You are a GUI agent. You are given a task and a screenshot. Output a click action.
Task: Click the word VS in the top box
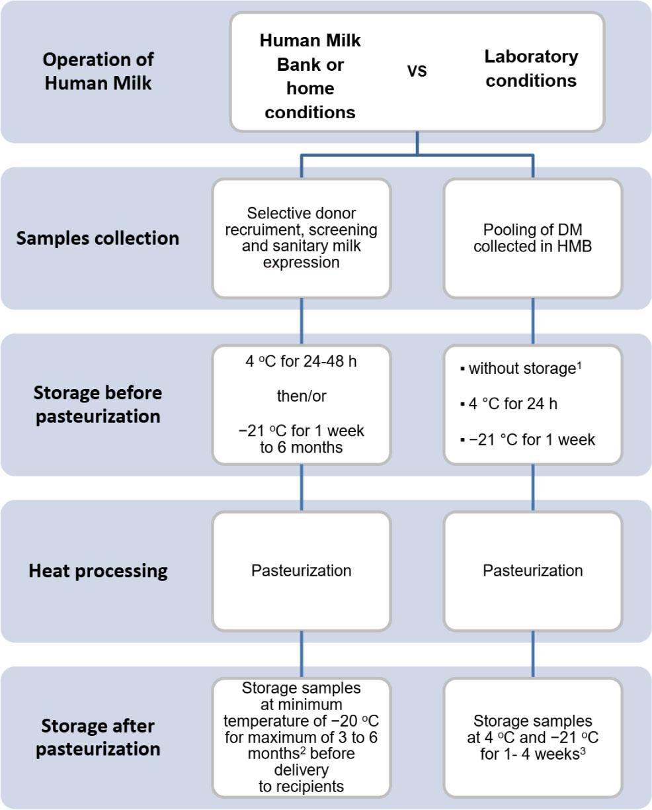pos(417,71)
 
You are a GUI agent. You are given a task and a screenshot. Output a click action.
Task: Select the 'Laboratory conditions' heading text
pos(531,68)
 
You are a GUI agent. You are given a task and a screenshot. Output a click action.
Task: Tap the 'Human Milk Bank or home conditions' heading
pos(310,76)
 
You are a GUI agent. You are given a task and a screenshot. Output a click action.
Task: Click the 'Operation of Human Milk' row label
pos(99,71)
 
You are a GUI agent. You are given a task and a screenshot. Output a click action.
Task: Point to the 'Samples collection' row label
pos(97,238)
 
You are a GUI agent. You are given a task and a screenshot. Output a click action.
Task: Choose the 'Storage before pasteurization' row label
pos(97,404)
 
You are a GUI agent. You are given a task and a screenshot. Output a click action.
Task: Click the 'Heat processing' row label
pos(98,570)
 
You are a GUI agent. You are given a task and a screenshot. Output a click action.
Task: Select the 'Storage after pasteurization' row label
pos(98,737)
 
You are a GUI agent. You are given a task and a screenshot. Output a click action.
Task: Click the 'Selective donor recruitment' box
pos(302,238)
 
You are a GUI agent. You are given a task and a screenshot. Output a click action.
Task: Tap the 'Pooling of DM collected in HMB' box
pos(533,238)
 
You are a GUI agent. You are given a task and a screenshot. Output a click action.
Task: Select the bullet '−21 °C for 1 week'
pos(528,439)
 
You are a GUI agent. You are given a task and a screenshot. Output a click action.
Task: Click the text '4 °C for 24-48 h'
pos(302,363)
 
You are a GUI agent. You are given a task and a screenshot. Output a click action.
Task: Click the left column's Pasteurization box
pos(302,570)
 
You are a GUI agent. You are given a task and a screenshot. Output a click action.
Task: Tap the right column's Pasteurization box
pos(533,570)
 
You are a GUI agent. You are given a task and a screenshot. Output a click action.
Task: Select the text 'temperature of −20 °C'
pos(302,720)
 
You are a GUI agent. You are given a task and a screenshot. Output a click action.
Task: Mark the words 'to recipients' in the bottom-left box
pos(302,787)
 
